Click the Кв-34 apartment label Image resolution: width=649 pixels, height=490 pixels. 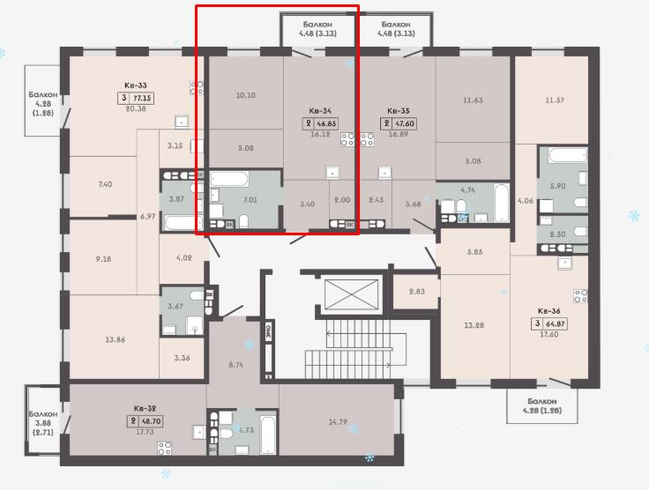point(320,111)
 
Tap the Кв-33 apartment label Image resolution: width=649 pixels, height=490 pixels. point(136,85)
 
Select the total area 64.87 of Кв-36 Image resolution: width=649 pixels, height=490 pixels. point(556,323)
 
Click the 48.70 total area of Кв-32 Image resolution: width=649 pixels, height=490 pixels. point(152,421)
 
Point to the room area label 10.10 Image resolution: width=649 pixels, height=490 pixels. point(245,95)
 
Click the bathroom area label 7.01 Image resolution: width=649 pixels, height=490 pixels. point(250,200)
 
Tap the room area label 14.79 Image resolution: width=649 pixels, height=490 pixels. point(338,422)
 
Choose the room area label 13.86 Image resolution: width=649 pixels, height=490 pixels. point(115,339)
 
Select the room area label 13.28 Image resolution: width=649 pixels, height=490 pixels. point(474,325)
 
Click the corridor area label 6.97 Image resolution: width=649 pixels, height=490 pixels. point(148,216)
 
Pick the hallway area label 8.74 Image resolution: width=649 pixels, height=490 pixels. point(235,365)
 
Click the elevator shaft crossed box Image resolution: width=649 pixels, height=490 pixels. point(352,294)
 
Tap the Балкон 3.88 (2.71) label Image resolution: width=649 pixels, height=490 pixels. point(43,423)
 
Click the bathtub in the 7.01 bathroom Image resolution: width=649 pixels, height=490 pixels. point(230,179)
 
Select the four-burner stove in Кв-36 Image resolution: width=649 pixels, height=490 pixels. point(580,296)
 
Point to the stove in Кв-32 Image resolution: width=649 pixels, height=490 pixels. point(165,449)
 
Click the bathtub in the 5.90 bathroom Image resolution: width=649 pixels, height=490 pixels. point(568,155)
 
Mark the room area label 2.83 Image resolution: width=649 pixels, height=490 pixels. point(417,291)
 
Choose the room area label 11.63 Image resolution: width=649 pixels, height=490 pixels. point(473,100)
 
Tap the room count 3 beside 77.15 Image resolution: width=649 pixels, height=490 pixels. point(123,98)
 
